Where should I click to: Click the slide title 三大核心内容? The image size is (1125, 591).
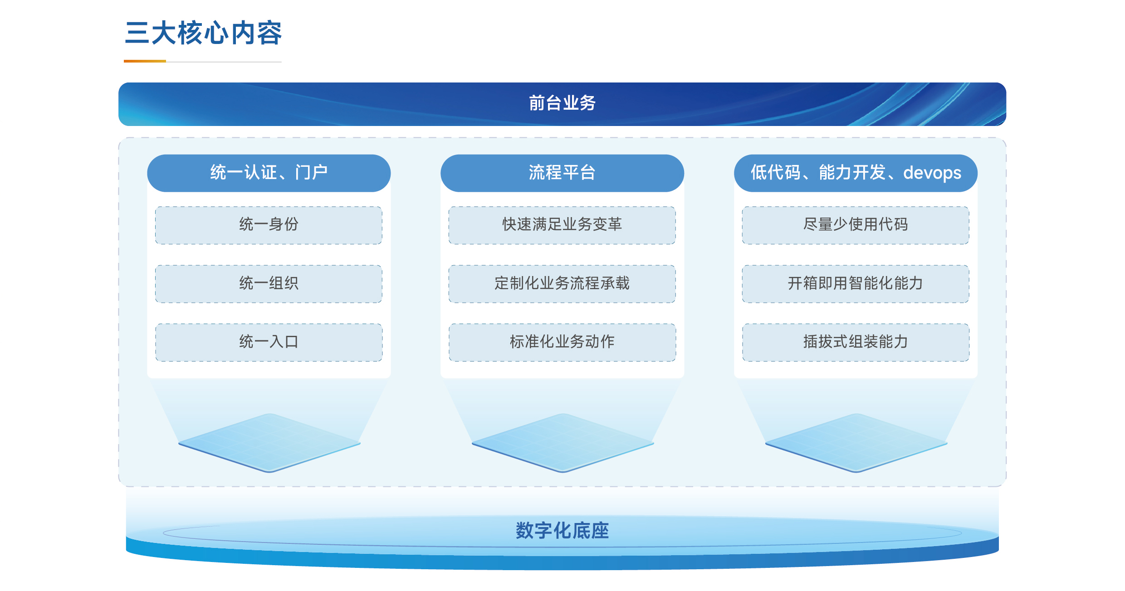point(203,33)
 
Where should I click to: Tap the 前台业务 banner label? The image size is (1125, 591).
point(562,103)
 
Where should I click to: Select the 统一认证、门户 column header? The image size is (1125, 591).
point(269,173)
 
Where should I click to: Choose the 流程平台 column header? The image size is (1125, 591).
point(562,173)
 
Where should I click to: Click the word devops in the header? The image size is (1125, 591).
point(932,173)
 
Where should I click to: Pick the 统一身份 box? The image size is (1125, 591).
point(269,225)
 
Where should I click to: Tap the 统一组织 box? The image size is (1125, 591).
point(269,284)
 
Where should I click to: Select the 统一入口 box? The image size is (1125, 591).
point(269,342)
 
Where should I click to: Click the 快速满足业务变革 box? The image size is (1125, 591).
point(562,225)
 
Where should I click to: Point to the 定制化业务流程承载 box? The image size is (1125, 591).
point(562,284)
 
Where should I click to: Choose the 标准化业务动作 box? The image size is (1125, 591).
point(562,342)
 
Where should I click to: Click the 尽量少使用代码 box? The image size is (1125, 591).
point(856,225)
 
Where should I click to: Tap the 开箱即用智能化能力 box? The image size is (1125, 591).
point(856,284)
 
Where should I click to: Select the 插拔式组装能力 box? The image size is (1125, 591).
point(856,342)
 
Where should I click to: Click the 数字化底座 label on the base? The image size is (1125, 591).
point(562,530)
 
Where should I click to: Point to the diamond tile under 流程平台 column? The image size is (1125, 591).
point(562,443)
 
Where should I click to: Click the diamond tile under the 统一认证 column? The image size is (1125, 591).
point(269,443)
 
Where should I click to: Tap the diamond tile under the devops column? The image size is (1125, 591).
point(856,443)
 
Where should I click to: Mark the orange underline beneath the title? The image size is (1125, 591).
point(145,61)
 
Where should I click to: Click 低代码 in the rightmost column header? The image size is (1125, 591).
point(775,173)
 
